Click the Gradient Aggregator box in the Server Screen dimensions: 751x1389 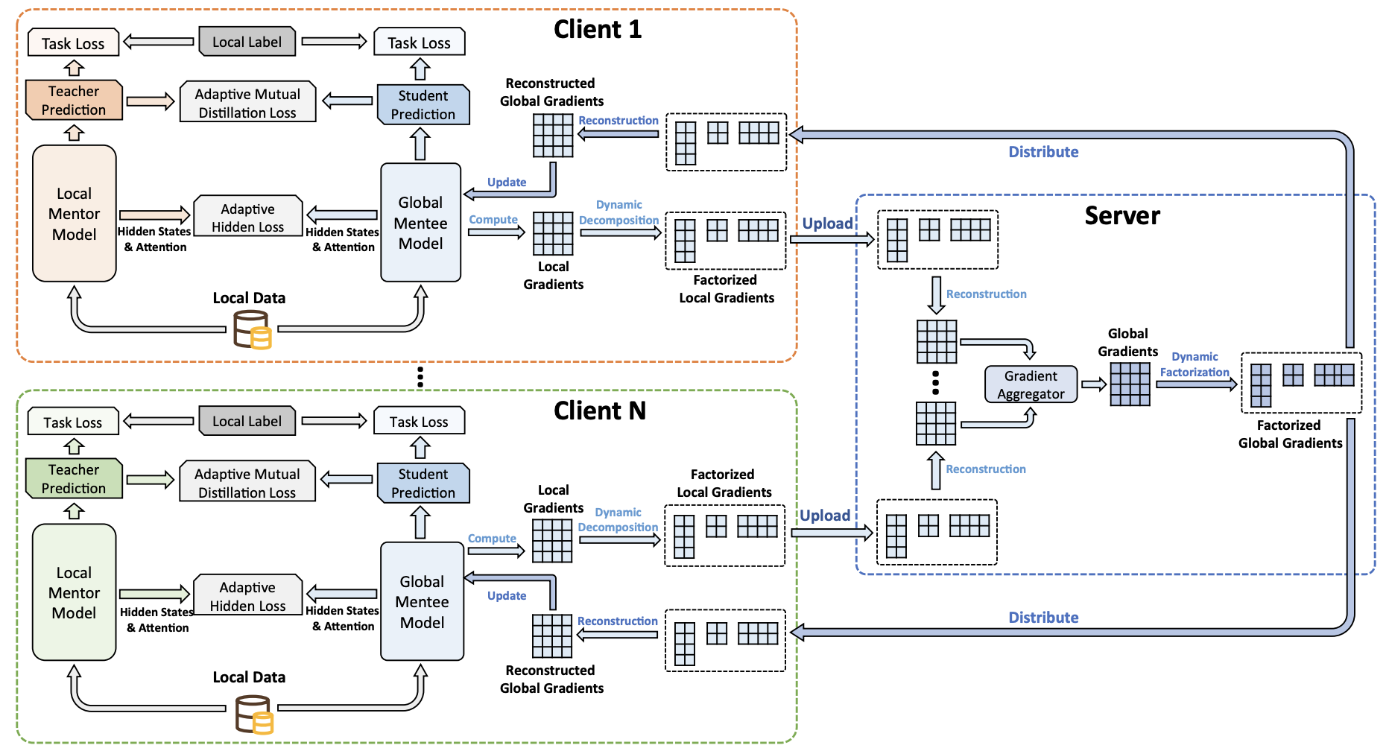(1031, 384)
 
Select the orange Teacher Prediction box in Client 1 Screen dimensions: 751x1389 (74, 101)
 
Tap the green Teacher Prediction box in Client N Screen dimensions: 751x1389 (74, 479)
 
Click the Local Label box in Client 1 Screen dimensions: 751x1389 (247, 42)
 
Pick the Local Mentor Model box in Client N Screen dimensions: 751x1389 (74, 592)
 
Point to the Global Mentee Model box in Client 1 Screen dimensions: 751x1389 (420, 223)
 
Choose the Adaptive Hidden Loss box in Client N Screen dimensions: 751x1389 (247, 596)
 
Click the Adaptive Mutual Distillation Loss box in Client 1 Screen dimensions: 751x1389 (247, 103)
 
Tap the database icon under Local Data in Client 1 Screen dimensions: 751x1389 (252, 330)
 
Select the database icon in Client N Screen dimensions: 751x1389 (253, 714)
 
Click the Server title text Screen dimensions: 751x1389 (1122, 216)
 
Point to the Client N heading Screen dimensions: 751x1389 (599, 411)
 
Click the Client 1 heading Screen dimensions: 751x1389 (597, 30)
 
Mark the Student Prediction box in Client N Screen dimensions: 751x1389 (423, 483)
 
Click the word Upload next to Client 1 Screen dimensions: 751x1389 (827, 224)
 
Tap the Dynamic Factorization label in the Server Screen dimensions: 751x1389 (1194, 364)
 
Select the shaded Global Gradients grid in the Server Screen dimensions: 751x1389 (1130, 384)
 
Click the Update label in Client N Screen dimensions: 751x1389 (507, 596)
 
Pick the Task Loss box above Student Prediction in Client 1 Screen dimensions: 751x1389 (419, 42)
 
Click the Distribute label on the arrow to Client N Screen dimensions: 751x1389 (1043, 618)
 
